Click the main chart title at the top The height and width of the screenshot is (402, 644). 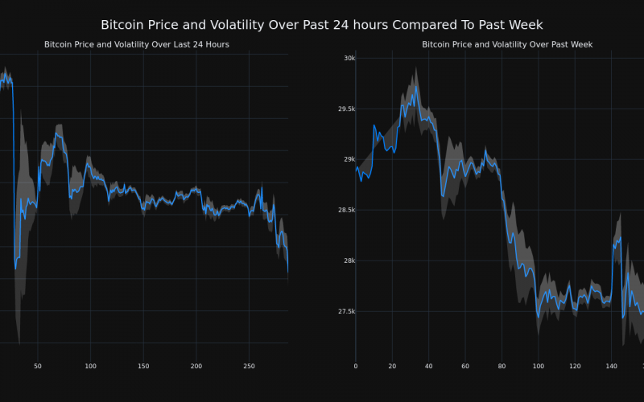click(x=322, y=25)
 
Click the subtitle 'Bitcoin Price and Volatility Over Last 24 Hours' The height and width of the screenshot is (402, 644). click(x=137, y=44)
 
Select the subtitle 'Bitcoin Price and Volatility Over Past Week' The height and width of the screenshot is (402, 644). click(x=507, y=44)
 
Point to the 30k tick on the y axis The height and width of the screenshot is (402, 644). click(x=349, y=58)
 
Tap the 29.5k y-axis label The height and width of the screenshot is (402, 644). click(x=345, y=109)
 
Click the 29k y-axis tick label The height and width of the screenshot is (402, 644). click(x=349, y=159)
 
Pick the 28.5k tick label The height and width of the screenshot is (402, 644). click(x=345, y=210)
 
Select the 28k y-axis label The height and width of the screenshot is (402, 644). click(x=349, y=260)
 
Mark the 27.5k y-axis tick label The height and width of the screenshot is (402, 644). click(x=345, y=311)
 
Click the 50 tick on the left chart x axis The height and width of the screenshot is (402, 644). click(x=38, y=367)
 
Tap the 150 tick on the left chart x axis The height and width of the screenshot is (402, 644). click(x=143, y=367)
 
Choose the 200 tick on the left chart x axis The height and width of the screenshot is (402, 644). click(x=196, y=367)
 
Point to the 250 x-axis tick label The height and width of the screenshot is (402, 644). click(x=249, y=367)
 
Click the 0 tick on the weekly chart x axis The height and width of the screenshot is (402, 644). click(x=356, y=367)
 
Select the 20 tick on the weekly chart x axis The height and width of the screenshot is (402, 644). click(x=392, y=367)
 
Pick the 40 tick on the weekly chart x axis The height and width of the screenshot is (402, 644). click(x=428, y=367)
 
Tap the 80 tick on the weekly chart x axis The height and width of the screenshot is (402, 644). click(x=502, y=367)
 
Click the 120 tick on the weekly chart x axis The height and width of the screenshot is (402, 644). click(x=575, y=367)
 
